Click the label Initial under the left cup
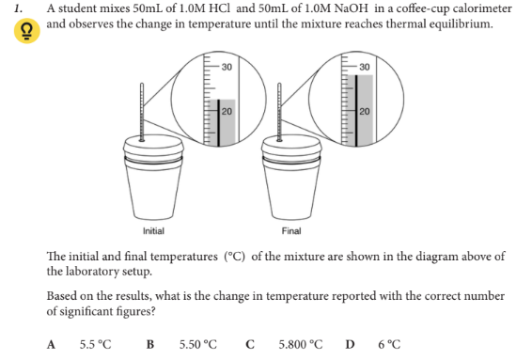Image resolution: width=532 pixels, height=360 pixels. [153, 230]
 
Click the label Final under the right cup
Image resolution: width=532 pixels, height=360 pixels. [291, 230]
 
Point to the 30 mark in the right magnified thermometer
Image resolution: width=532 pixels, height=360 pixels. [365, 66]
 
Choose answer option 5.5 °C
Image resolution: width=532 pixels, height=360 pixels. [96, 343]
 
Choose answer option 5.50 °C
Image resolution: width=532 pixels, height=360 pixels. [197, 343]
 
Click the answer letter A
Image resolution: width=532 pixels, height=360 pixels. [53, 343]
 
